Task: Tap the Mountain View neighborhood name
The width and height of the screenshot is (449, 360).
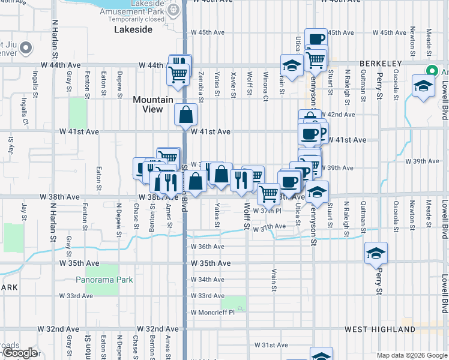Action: point(153,104)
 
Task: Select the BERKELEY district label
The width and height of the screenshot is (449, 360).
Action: point(381,64)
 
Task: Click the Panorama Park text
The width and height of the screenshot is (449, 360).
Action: point(104,280)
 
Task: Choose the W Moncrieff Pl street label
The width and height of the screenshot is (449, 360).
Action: point(213,312)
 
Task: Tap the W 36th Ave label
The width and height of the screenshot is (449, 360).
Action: point(208,247)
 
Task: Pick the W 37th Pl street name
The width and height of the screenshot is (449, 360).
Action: point(267,211)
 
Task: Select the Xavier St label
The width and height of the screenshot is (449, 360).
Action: point(232,85)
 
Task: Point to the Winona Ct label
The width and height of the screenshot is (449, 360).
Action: point(265,85)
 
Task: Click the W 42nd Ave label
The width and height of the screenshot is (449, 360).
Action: point(338,114)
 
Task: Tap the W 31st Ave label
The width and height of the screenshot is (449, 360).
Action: point(271,345)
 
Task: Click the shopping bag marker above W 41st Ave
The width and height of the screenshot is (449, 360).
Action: point(186,113)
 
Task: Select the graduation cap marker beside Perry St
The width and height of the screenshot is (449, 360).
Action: point(376,253)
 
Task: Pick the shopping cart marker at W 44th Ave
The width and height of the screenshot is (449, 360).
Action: point(178,74)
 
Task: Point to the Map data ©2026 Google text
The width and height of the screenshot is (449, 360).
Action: point(411,355)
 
